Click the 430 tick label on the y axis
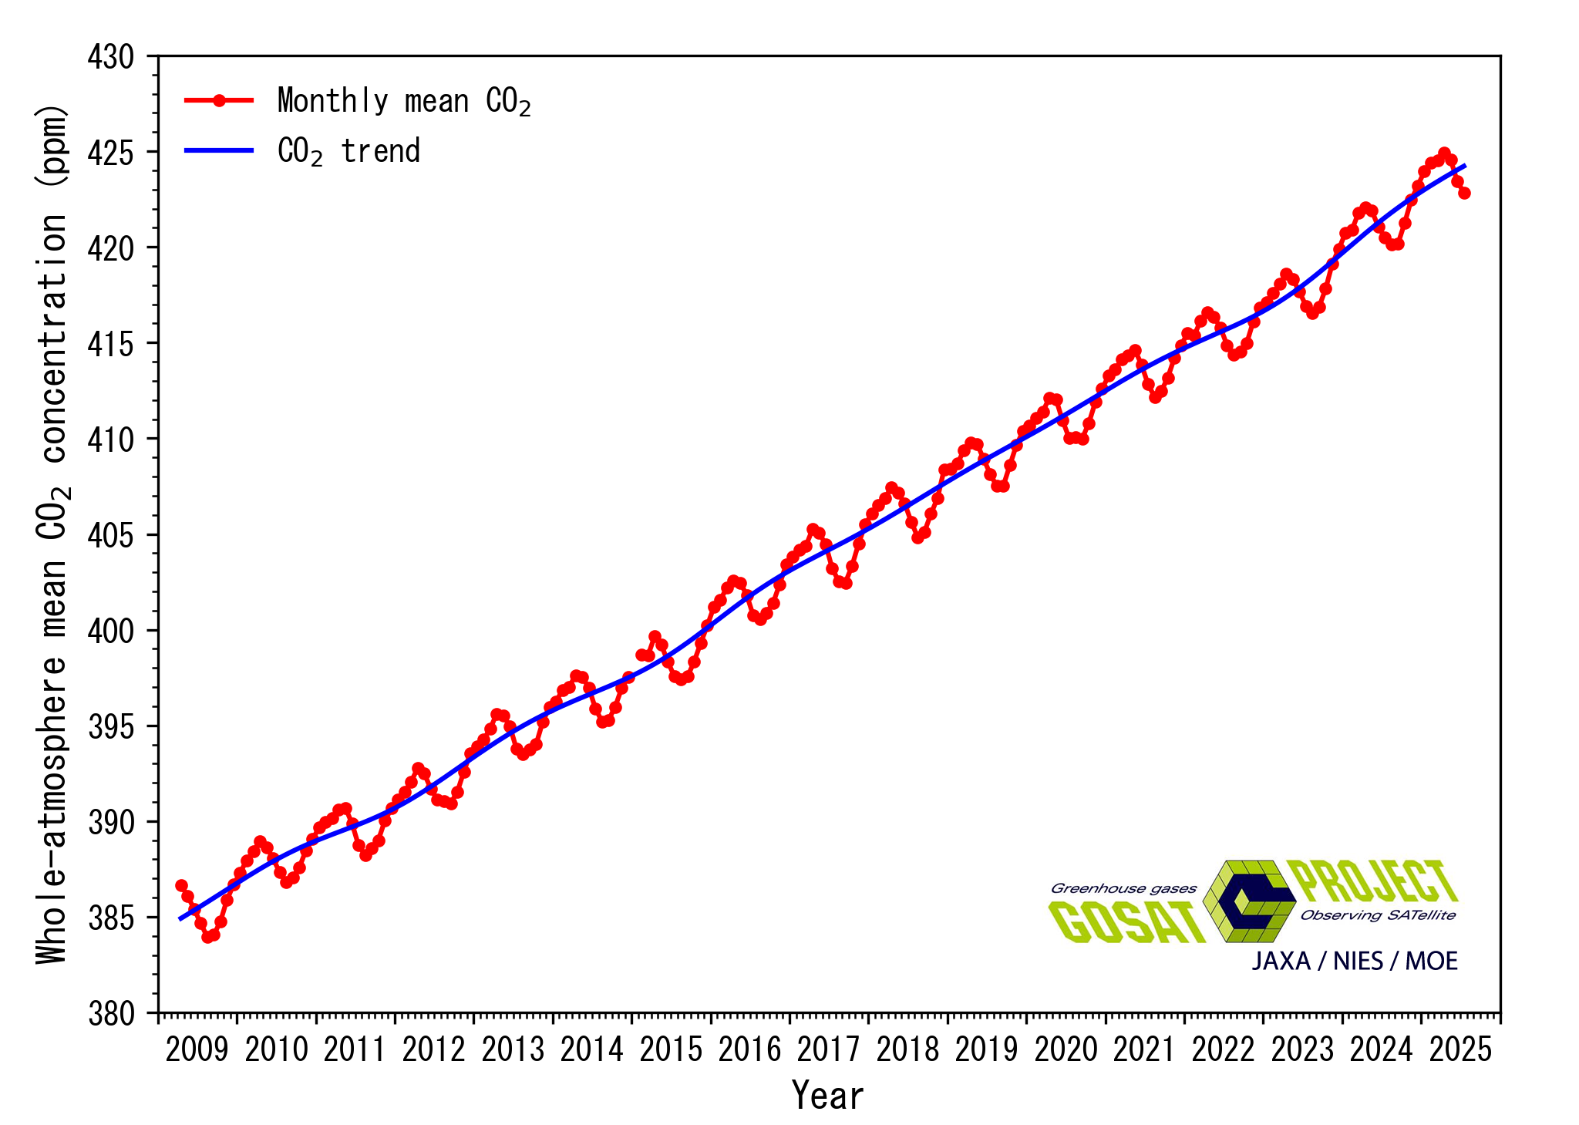111,58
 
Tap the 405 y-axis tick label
111,536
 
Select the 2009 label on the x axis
197,1049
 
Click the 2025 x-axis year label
1460,1049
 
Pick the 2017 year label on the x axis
828,1049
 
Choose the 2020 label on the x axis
1066,1049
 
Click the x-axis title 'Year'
828,1095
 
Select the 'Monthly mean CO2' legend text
404,102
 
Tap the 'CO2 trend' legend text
348,151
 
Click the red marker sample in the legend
219,100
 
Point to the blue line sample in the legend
219,150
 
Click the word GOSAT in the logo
1126,922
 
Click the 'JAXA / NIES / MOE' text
1355,962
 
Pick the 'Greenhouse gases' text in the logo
1123,888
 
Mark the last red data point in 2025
1464,193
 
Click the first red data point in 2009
181,885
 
